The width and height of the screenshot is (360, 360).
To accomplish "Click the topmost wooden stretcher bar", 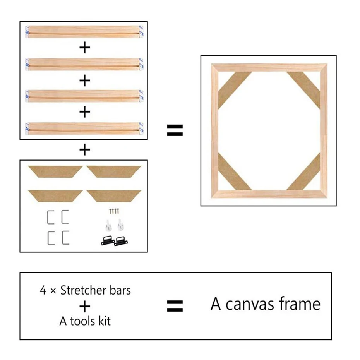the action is tap(84, 31).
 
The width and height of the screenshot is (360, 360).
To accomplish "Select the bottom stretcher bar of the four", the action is tap(84, 128).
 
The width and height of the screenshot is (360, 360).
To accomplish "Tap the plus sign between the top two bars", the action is tap(84, 48).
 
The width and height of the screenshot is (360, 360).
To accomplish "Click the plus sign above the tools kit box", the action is tap(84, 150).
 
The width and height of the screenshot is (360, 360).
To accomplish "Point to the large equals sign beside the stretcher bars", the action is tap(175, 130).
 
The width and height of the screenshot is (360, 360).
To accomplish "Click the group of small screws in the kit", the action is tap(114, 211).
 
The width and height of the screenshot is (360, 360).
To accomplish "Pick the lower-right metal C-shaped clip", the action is tap(65, 238).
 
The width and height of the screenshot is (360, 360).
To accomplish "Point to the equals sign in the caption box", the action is tap(175, 306).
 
